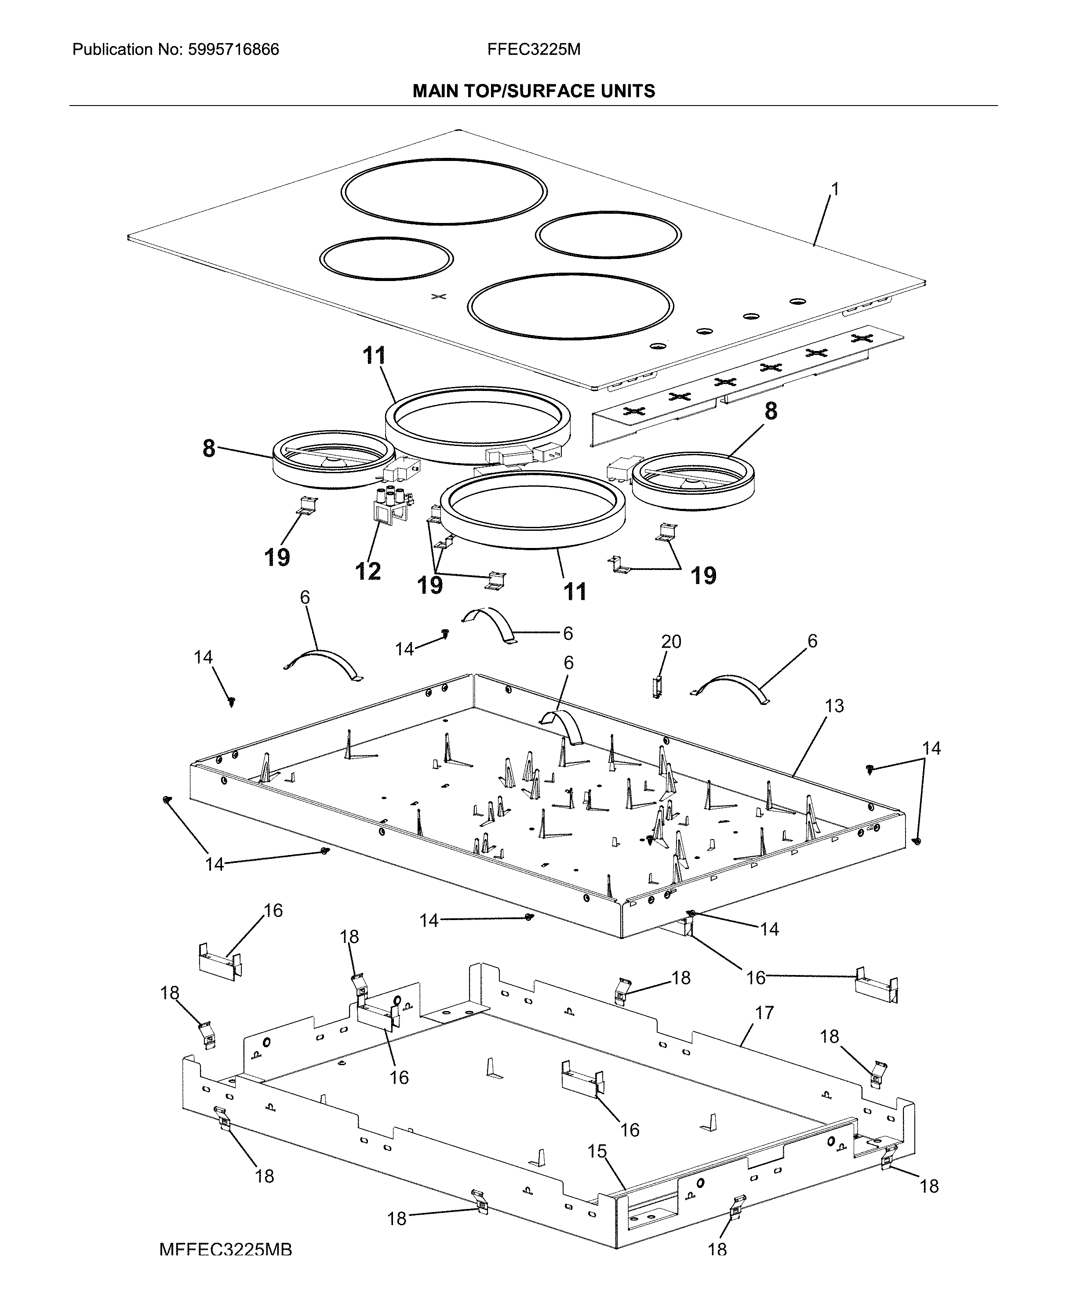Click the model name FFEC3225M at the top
(x=534, y=50)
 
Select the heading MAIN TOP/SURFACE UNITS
(x=534, y=91)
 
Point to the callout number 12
(x=368, y=571)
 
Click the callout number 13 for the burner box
(x=834, y=706)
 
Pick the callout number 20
(x=671, y=641)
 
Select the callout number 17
(x=764, y=1012)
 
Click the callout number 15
(x=597, y=1151)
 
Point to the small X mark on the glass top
(x=438, y=297)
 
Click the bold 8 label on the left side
(x=209, y=449)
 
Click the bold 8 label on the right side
(x=771, y=411)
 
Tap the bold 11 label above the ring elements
(x=375, y=356)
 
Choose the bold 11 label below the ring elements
(x=575, y=592)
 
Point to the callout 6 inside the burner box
(x=569, y=663)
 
